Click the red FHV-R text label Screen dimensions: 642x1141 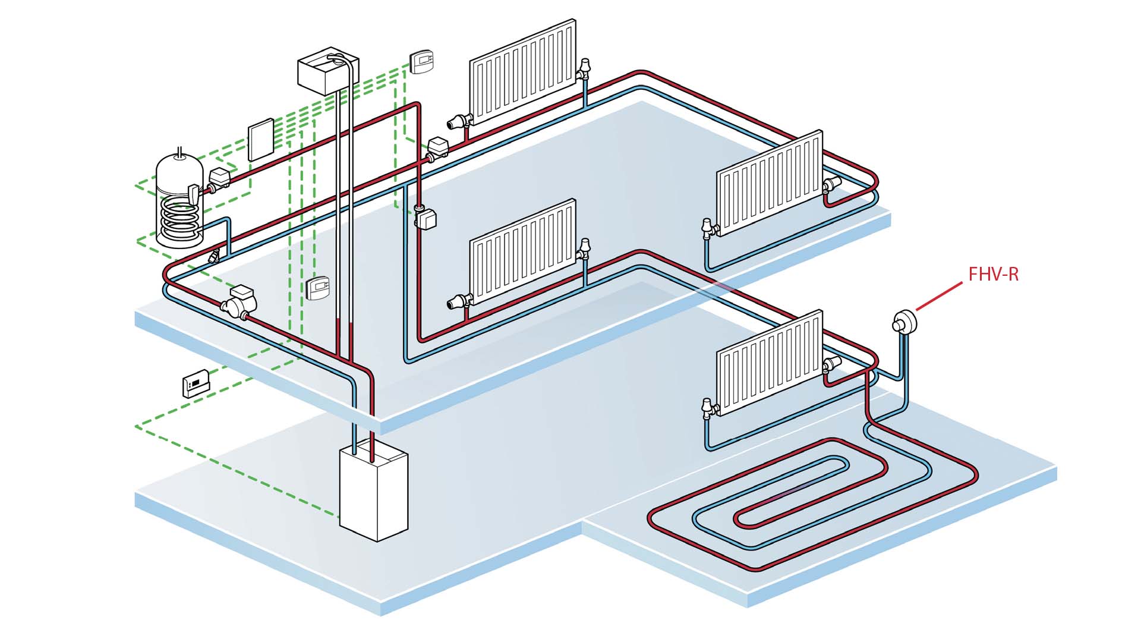tap(993, 274)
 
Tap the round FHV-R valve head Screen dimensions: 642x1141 tap(904, 323)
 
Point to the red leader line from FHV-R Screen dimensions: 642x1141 tap(939, 296)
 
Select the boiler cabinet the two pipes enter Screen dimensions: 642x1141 tap(373, 493)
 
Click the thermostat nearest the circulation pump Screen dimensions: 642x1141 tap(318, 288)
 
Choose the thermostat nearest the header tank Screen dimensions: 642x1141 tap(422, 62)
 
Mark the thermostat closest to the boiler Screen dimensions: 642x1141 tap(196, 383)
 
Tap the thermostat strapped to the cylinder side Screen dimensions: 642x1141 tap(193, 193)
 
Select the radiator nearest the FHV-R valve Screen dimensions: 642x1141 tap(770, 363)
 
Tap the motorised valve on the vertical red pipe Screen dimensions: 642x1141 tap(425, 217)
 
